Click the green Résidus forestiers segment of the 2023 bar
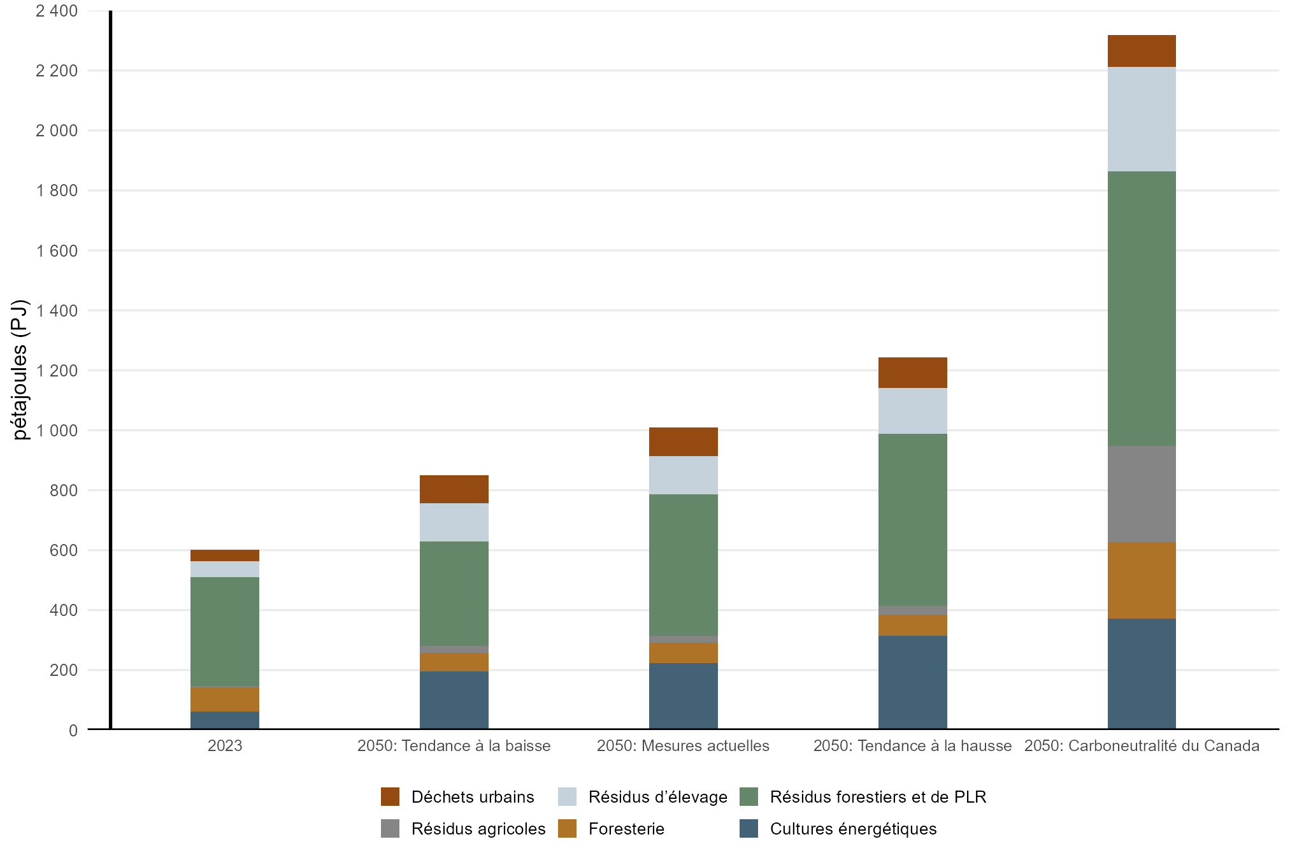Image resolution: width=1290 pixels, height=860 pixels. coord(224,631)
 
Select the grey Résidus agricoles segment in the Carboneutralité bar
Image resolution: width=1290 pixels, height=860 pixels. coord(1142,494)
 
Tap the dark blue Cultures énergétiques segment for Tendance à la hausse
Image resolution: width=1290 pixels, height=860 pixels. coord(912,682)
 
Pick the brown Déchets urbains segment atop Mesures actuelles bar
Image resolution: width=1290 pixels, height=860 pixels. coord(683,441)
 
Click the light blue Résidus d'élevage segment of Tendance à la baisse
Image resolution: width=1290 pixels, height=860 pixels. coord(454,522)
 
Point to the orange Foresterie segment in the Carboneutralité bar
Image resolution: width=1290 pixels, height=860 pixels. coord(1142,580)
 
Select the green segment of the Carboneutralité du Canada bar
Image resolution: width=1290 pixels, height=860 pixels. coord(1142,308)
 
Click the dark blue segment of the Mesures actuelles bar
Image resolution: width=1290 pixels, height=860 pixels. coord(683,696)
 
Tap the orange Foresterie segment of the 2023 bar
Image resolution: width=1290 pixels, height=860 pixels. coord(224,699)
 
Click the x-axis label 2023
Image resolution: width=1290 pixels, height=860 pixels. coord(224,746)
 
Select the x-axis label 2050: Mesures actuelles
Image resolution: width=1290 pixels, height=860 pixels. coord(683,746)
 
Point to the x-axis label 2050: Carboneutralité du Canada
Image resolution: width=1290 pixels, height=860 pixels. coord(1142,746)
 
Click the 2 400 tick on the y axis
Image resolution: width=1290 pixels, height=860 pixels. coord(57,11)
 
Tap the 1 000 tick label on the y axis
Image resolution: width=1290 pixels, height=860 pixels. coord(57,431)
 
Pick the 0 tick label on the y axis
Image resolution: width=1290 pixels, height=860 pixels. coord(73,731)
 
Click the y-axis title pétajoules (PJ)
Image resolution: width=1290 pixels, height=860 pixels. coord(20,369)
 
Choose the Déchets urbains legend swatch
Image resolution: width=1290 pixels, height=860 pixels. coord(390,797)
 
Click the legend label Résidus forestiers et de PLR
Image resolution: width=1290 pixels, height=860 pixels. coord(878,797)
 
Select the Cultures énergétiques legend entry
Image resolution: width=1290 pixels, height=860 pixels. coord(853,829)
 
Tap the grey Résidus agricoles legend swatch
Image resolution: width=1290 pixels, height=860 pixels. coord(390,829)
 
